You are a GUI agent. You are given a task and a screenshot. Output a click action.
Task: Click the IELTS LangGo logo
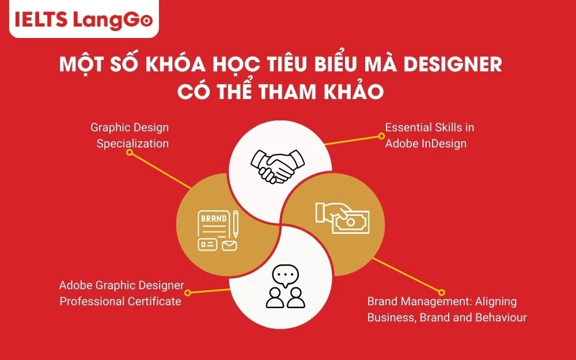tap(80, 20)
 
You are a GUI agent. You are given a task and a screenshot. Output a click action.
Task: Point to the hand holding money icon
tap(342, 217)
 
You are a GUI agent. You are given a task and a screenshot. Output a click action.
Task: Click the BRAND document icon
tap(218, 230)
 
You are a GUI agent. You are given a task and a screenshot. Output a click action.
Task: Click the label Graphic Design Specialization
tap(130, 135)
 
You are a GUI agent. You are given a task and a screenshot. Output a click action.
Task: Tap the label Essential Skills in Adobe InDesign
tap(426, 135)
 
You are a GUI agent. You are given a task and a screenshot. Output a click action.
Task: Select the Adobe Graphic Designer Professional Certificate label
tap(122, 293)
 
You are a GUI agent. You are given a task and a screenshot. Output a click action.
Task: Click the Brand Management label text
tap(446, 309)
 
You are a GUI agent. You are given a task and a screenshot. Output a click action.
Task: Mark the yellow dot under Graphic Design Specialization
tap(130, 153)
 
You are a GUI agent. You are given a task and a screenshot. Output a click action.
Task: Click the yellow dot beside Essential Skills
tap(381, 136)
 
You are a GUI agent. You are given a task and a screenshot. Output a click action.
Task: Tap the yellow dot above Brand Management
tap(442, 293)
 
